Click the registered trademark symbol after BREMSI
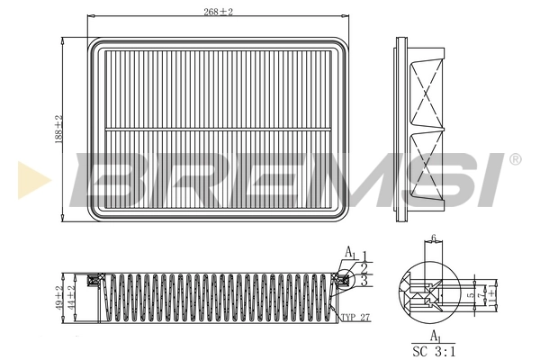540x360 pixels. click(x=515, y=159)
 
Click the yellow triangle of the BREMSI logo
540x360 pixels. click(x=29, y=179)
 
